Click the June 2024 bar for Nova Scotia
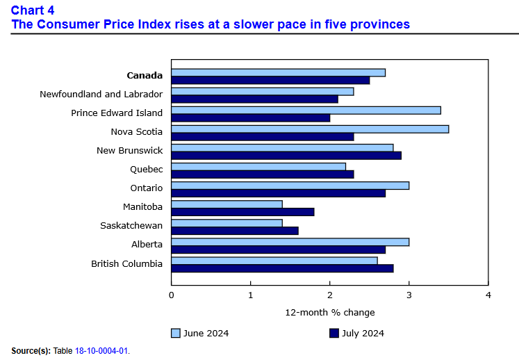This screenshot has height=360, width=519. pyautogui.click(x=310, y=129)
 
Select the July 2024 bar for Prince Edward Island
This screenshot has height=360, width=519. pyautogui.click(x=251, y=117)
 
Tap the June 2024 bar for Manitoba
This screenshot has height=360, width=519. pyautogui.click(x=227, y=204)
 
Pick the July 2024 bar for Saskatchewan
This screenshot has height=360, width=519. pyautogui.click(x=235, y=230)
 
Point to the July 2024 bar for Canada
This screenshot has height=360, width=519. pyautogui.click(x=270, y=80)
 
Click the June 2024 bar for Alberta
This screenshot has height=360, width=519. pyautogui.click(x=290, y=242)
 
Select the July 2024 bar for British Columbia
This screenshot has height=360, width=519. pyautogui.click(x=282, y=268)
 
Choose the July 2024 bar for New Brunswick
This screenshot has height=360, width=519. pyautogui.click(x=286, y=155)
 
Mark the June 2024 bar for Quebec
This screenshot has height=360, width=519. pyautogui.click(x=258, y=167)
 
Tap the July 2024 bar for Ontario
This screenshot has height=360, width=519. pyautogui.click(x=279, y=193)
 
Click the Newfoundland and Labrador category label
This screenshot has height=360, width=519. pyautogui.click(x=101, y=94)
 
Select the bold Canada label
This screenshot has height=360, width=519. pyautogui.click(x=145, y=75)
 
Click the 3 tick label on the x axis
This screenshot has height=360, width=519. pyautogui.click(x=409, y=295)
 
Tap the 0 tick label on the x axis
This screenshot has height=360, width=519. pyautogui.click(x=172, y=295)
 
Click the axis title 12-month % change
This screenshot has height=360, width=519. pyautogui.click(x=329, y=312)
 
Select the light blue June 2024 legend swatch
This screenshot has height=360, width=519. pyautogui.click(x=176, y=334)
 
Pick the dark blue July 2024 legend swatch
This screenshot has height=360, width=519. pyautogui.click(x=334, y=334)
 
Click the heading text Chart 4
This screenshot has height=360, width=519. pyautogui.click(x=33, y=10)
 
